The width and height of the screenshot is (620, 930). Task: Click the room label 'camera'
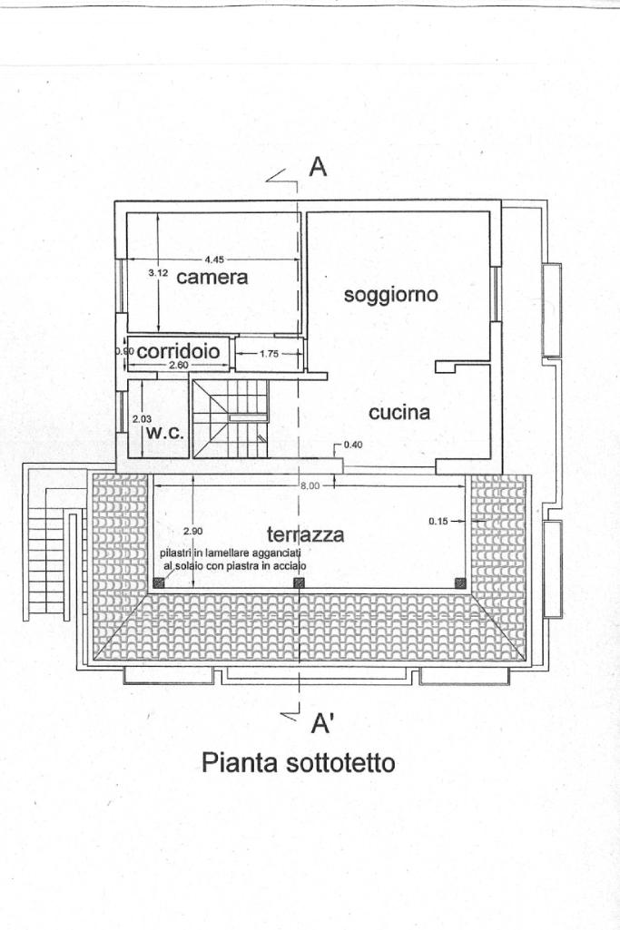(212, 277)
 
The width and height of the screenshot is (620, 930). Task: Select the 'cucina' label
(399, 413)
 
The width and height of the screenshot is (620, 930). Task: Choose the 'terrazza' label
(306, 534)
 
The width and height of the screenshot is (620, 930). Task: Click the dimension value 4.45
(214, 259)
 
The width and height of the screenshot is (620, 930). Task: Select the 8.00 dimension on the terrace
(310, 485)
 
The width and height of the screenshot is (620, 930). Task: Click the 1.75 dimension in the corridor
(270, 354)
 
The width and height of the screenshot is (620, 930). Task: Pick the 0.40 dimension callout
(352, 445)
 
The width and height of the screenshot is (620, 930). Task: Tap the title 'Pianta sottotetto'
(299, 763)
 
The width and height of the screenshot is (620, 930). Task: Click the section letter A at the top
(318, 167)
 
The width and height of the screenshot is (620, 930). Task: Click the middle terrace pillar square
(299, 583)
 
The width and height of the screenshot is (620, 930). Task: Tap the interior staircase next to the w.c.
(233, 419)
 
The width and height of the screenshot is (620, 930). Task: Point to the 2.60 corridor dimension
(178, 365)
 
